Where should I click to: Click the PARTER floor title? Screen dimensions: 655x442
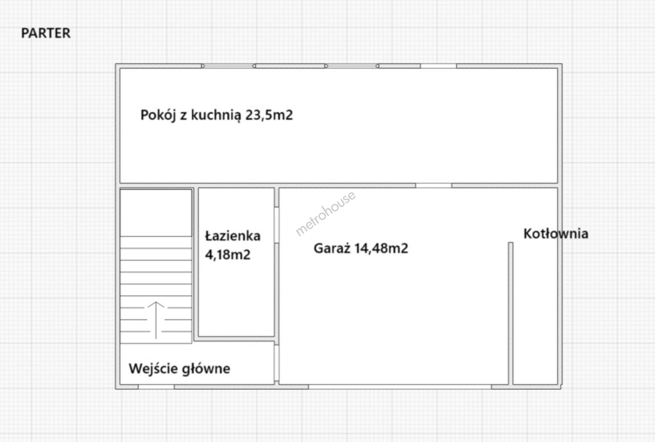click(46, 33)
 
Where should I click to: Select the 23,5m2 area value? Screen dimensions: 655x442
click(269, 115)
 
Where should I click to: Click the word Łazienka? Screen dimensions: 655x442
click(233, 236)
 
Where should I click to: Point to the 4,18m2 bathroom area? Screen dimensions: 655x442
click(228, 255)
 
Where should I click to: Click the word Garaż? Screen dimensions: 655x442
click(332, 248)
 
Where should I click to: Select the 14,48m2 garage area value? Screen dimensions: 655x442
click(381, 248)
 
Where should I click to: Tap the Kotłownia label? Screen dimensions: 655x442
click(556, 234)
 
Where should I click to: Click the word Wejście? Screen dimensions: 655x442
click(153, 369)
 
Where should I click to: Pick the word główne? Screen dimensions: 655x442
click(206, 369)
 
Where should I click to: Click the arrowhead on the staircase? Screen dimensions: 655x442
click(156, 304)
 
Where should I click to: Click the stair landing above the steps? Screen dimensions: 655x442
click(156, 213)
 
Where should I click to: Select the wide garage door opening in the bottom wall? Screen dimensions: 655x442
click(400, 387)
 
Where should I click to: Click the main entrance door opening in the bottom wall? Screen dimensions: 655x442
click(156, 387)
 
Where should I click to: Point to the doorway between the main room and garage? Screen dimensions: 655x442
click(434, 185)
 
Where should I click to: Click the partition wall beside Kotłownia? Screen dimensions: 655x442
click(511, 313)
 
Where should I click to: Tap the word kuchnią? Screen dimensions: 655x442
click(216, 115)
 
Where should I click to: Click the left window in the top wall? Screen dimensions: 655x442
click(228, 66)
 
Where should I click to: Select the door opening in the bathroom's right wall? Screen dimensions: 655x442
click(276, 225)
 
